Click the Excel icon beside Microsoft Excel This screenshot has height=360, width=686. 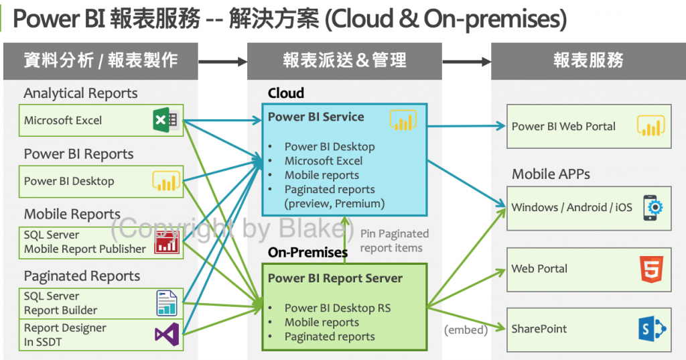165,121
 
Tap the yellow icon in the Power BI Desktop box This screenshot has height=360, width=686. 165,181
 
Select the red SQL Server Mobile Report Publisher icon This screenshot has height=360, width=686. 166,242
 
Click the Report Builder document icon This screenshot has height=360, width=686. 166,303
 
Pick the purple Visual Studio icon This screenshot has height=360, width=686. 165,333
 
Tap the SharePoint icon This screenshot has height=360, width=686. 651,329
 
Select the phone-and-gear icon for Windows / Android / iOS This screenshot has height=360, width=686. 653,207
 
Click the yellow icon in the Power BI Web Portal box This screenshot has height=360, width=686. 651,126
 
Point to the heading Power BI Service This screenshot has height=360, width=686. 316,117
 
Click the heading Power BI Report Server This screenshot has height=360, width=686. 335,278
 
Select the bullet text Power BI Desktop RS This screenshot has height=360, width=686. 337,308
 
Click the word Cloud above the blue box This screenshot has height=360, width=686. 286,93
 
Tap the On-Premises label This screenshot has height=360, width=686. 307,253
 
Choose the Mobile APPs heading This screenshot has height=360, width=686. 551,174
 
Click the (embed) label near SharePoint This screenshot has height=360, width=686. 466,330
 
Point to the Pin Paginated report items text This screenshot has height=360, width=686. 394,241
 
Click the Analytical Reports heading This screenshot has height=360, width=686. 80,93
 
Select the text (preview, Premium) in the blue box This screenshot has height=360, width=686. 334,204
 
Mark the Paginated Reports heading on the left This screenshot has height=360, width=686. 82,276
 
